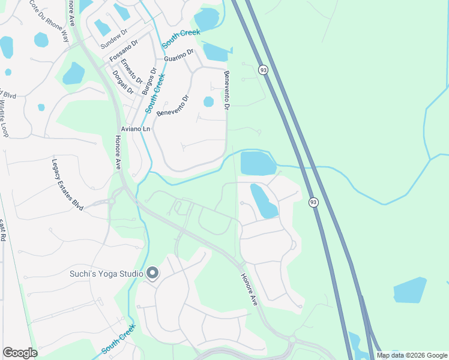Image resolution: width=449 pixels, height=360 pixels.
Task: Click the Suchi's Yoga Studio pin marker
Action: pos(152,273)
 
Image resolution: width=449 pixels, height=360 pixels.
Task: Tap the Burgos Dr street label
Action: pos(148,81)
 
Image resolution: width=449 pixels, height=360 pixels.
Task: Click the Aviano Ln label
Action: pos(135,129)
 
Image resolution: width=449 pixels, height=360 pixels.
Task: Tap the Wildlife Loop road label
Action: pos(4,119)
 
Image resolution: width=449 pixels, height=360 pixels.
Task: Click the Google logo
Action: pos(20,352)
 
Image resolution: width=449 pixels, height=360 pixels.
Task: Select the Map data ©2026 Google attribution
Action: pos(411,355)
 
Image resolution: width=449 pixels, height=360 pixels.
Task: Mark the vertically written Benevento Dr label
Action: pos(227,91)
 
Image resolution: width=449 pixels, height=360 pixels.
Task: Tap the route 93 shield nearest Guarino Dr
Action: pos(263,70)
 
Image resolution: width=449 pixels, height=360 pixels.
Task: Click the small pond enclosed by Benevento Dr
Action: pos(208,101)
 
